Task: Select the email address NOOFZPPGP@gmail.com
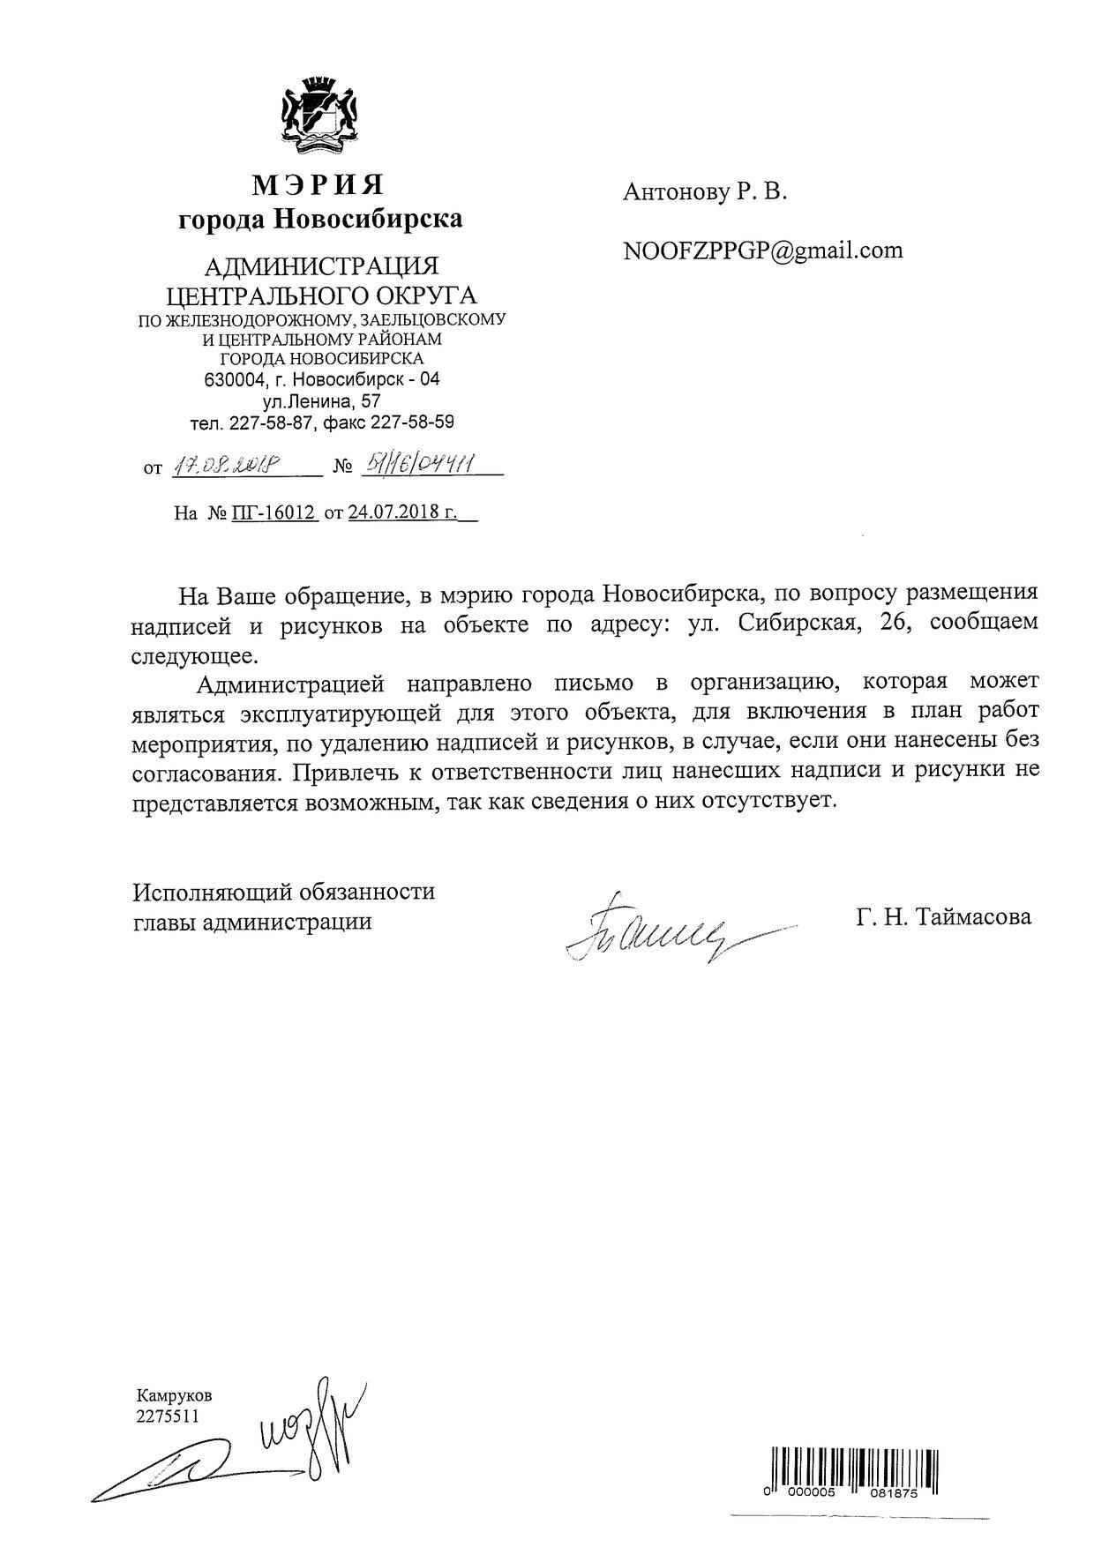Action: pyautogui.click(x=762, y=250)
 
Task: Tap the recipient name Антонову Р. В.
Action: pyautogui.click(x=704, y=192)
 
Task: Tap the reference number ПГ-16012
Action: pyautogui.click(x=274, y=512)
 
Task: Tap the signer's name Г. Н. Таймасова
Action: pyautogui.click(x=942, y=917)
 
